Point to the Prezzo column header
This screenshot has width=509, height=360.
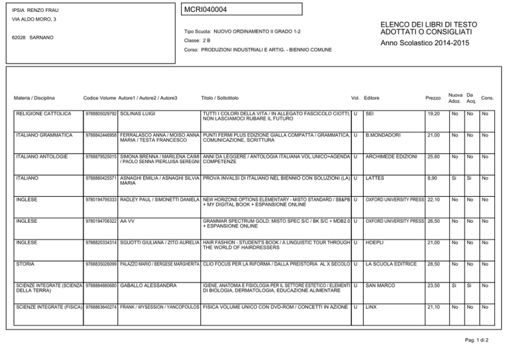(432, 98)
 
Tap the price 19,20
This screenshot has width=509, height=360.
(434, 114)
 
